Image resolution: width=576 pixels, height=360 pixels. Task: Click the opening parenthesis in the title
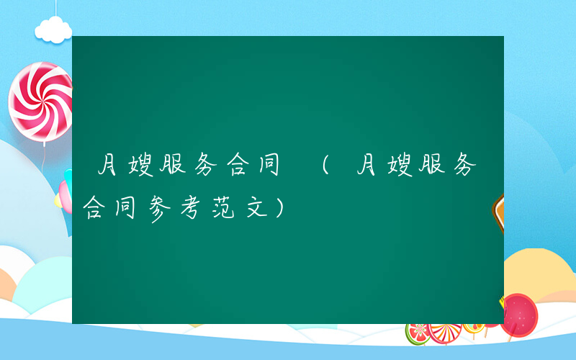pyautogui.click(x=325, y=168)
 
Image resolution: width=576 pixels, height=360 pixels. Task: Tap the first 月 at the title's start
pyautogui.click(x=109, y=168)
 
